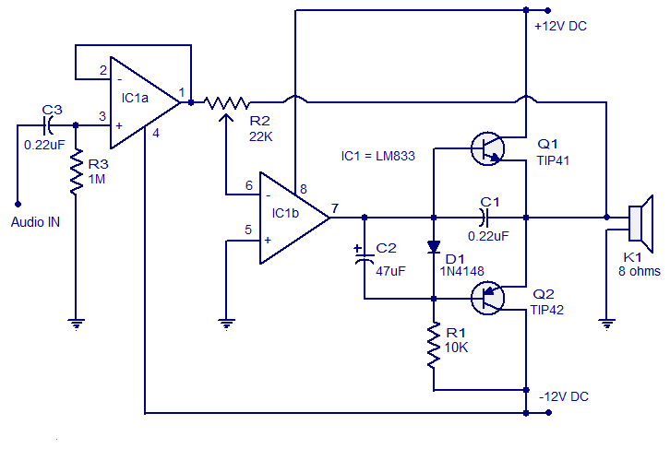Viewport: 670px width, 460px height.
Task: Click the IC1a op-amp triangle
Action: pos(138,102)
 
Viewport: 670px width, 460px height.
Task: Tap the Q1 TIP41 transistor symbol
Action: pos(488,148)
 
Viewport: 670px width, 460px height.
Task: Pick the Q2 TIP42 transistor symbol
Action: pos(488,297)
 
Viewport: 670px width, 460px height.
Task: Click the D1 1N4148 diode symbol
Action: pos(433,247)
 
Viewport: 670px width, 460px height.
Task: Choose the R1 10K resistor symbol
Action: pos(433,346)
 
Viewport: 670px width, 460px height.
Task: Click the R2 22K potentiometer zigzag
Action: pos(227,101)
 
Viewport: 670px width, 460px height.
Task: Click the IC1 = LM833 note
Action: pos(378,157)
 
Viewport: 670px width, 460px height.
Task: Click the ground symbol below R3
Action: pos(75,324)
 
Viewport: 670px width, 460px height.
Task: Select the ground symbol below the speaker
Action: pos(606,324)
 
